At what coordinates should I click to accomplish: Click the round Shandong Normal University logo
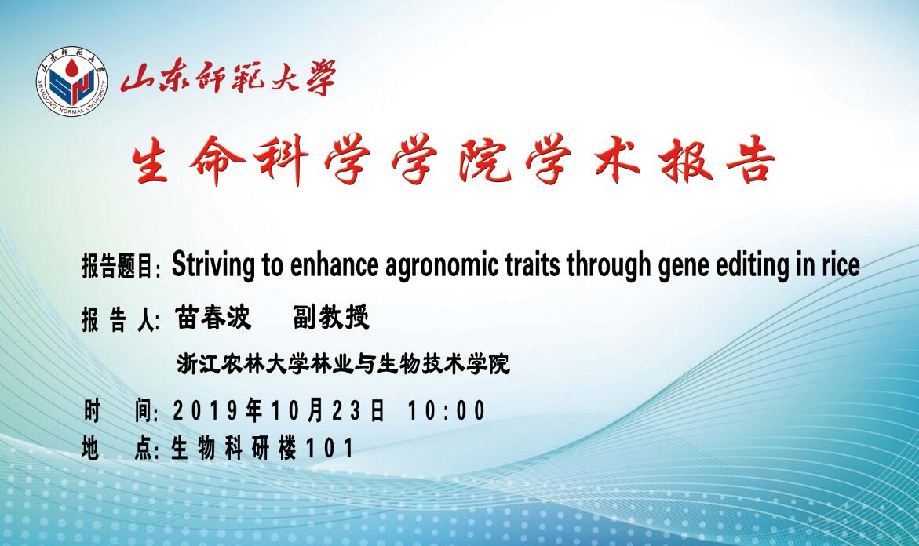click(x=72, y=81)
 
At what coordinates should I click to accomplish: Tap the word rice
click(x=841, y=265)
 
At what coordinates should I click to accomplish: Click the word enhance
click(x=334, y=265)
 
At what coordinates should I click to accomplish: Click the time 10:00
click(x=447, y=410)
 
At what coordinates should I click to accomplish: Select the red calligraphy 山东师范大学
click(x=228, y=79)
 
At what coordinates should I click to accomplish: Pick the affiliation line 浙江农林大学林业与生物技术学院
click(x=344, y=364)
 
